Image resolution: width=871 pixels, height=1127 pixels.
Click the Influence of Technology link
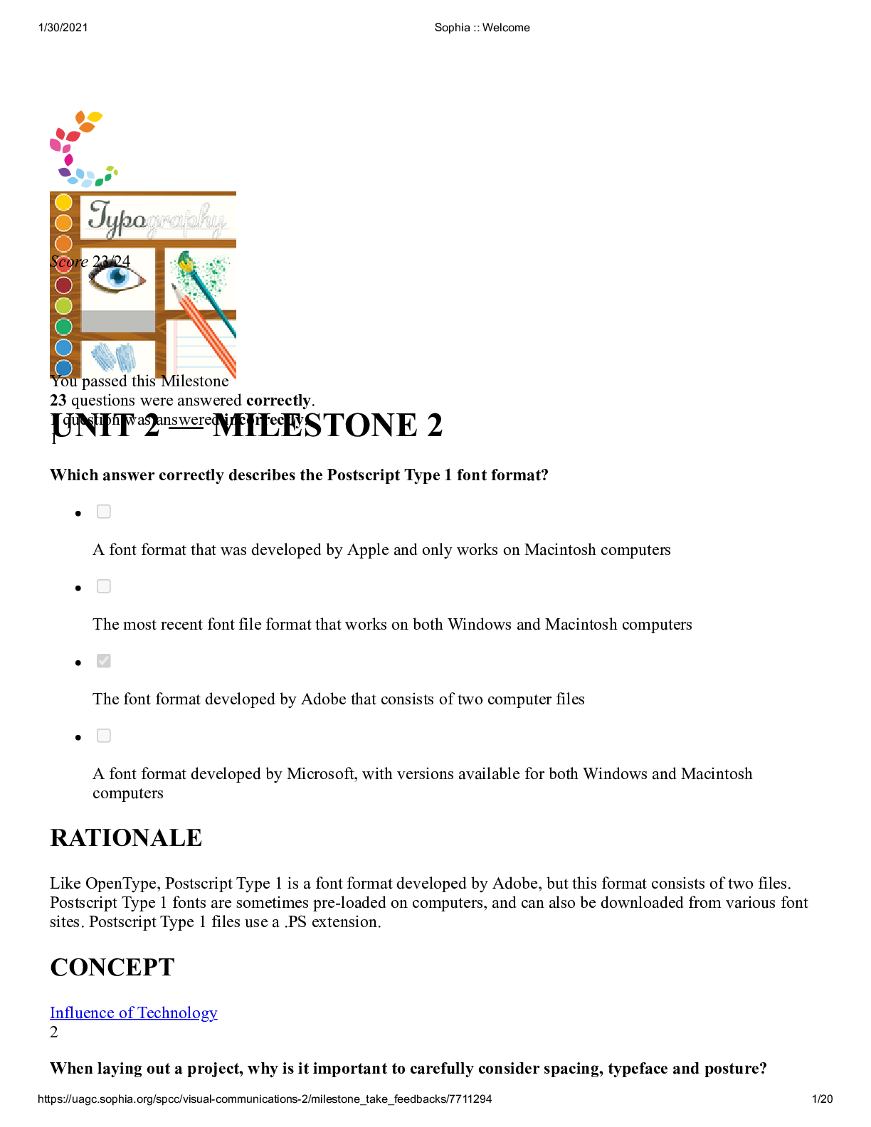pyautogui.click(x=133, y=1012)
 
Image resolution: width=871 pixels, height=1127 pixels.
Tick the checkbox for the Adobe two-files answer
pyautogui.click(x=104, y=661)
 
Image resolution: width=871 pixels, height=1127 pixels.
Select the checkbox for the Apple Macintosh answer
pyautogui.click(x=104, y=512)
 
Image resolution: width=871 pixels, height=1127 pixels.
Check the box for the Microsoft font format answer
pyautogui.click(x=104, y=736)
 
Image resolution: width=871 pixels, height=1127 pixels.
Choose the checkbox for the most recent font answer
pyautogui.click(x=104, y=586)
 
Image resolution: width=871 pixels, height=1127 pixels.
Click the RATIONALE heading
pyautogui.click(x=126, y=838)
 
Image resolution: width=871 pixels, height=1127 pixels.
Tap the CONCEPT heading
pyautogui.click(x=112, y=968)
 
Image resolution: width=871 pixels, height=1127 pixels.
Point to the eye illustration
pyautogui.click(x=117, y=277)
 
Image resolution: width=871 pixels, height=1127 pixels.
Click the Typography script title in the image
pyautogui.click(x=157, y=218)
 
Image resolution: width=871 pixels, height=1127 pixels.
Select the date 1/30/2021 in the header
pyautogui.click(x=63, y=28)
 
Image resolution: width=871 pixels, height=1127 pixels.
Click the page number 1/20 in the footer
pyautogui.click(x=822, y=1099)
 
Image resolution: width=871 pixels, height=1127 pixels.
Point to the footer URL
pyautogui.click(x=265, y=1099)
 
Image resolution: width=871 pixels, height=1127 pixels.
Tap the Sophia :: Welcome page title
pyautogui.click(x=482, y=28)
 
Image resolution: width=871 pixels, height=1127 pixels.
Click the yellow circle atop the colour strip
pyautogui.click(x=63, y=202)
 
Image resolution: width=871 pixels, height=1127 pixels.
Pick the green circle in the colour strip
pyautogui.click(x=63, y=327)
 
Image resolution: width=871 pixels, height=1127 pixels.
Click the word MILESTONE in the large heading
pyautogui.click(x=315, y=425)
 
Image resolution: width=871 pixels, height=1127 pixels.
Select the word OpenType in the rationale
pyautogui.click(x=122, y=884)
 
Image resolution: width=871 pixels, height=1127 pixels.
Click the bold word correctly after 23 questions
pyautogui.click(x=278, y=401)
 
